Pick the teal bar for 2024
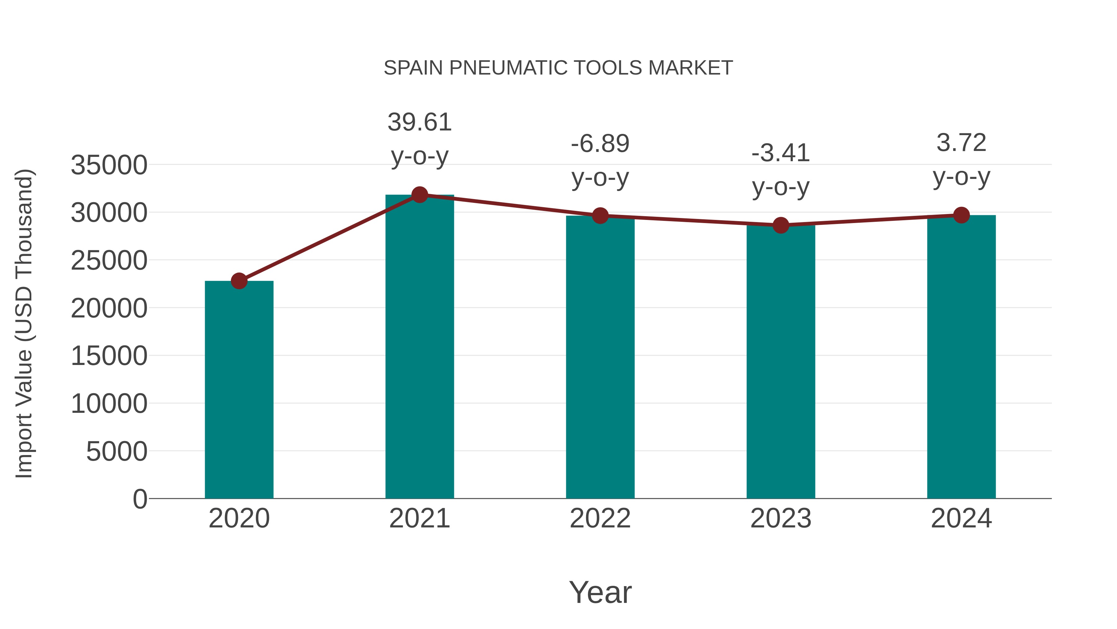click(961, 356)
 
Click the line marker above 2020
click(239, 281)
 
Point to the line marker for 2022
click(600, 215)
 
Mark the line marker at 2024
click(961, 215)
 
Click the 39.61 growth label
click(419, 122)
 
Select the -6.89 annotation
click(600, 144)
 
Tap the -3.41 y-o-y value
click(781, 153)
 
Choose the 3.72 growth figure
click(961, 143)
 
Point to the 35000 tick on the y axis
click(109, 165)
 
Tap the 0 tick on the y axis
click(140, 499)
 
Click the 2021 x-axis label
click(419, 518)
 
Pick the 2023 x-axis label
click(781, 518)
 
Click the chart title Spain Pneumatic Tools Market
click(558, 68)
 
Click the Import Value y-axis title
click(24, 323)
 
